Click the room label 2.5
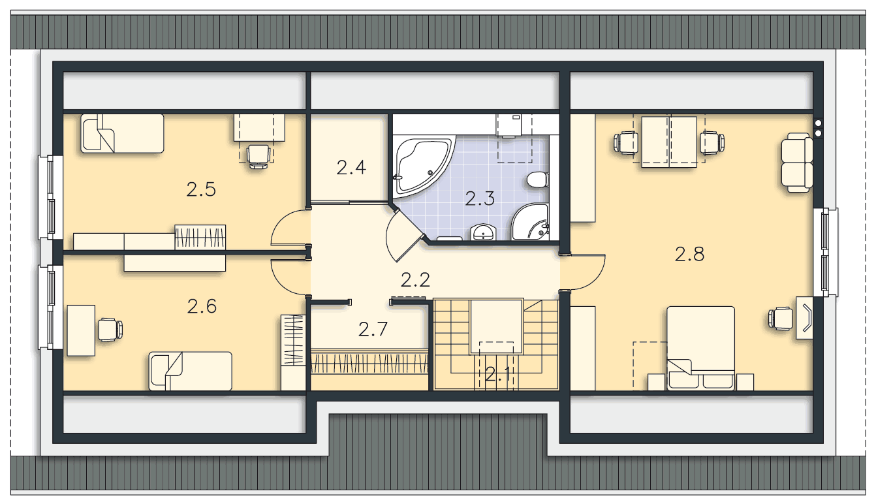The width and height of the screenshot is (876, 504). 201,189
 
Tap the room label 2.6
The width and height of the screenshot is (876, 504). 202,307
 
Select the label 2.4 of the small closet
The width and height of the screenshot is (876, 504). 351,168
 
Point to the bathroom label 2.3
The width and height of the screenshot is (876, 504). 480,198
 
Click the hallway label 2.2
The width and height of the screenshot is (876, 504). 416,280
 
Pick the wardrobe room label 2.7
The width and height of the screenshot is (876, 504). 373,329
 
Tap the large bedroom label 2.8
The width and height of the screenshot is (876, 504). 690,254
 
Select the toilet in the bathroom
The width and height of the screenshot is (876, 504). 538,180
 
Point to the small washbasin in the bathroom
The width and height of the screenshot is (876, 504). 484,232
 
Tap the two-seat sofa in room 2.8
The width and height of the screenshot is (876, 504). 796,163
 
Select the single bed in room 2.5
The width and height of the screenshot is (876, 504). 123,133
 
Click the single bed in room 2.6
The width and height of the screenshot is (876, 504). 191,371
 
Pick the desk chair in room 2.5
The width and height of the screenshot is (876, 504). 258,156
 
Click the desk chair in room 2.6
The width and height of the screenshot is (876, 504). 110,330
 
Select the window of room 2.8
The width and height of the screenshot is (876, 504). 826,252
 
